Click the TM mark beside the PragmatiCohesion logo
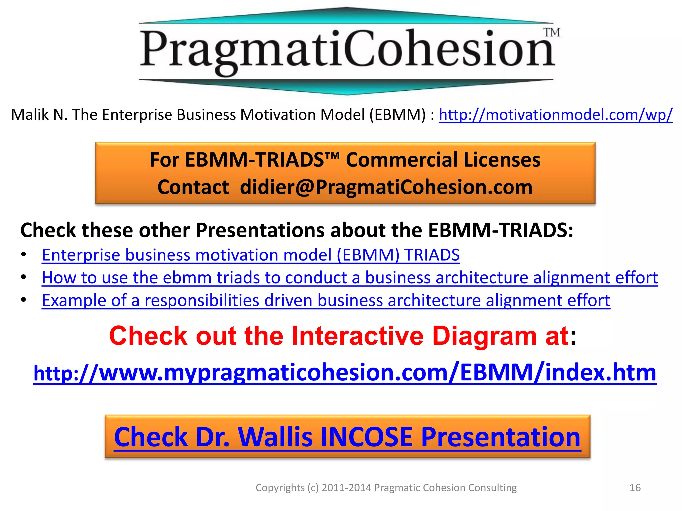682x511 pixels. pyautogui.click(x=552, y=33)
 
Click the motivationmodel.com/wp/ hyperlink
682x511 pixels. pyautogui.click(x=555, y=115)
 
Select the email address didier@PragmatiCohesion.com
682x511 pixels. pyautogui.click(x=386, y=187)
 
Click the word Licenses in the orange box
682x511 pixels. pyautogui.click(x=502, y=160)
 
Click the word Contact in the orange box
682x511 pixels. pyautogui.click(x=193, y=187)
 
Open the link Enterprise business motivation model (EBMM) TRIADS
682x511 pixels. pyautogui.click(x=250, y=255)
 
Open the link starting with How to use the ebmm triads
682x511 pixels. pyautogui.click(x=350, y=278)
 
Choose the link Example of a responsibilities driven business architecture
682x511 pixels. pyautogui.click(x=326, y=300)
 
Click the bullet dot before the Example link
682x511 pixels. pyautogui.click(x=23, y=300)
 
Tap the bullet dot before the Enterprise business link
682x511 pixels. pyautogui.click(x=23, y=255)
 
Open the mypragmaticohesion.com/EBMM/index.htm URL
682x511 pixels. pyautogui.click(x=345, y=373)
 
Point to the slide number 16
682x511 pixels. pyautogui.click(x=635, y=488)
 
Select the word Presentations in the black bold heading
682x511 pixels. pyautogui.click(x=259, y=230)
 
